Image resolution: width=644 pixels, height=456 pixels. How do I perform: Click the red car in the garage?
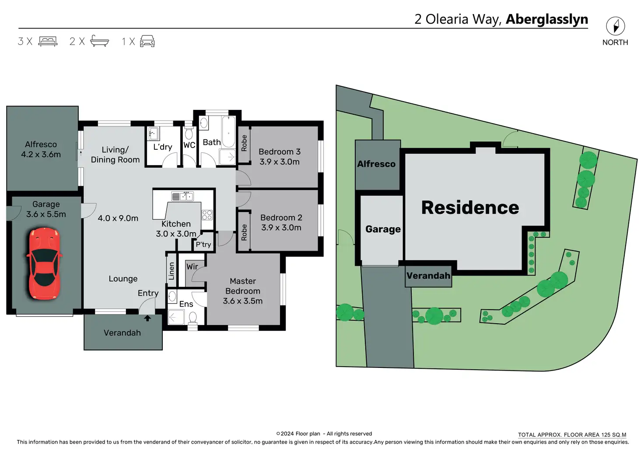tap(45, 264)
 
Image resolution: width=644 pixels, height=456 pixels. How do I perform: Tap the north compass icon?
tap(615, 26)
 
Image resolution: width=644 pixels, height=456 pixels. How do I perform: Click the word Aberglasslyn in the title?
tap(547, 19)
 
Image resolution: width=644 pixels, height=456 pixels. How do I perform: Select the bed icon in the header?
tap(48, 42)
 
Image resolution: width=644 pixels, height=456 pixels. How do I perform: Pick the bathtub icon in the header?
tap(99, 41)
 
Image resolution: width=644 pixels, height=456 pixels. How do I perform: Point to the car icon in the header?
tap(147, 41)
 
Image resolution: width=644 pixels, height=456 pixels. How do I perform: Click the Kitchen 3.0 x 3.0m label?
tap(176, 229)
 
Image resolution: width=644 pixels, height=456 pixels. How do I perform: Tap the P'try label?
tap(203, 245)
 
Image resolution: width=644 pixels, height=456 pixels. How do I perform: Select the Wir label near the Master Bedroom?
tap(192, 267)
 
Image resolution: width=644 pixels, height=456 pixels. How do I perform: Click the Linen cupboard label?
tap(171, 271)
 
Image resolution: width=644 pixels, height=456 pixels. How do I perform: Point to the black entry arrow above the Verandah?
tap(147, 318)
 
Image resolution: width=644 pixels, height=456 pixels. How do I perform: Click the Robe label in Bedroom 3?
tap(244, 143)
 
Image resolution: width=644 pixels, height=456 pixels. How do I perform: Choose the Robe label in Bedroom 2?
tap(244, 233)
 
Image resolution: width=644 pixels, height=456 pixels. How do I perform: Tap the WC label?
tap(189, 145)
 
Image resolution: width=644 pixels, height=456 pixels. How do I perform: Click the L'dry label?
tap(162, 147)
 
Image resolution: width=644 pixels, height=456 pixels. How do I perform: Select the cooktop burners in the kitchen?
tap(207, 215)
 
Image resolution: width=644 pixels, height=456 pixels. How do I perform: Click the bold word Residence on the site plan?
tap(470, 208)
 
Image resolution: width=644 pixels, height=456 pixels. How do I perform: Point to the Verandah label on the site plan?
tap(428, 276)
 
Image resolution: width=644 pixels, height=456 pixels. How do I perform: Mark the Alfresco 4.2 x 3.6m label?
tap(41, 149)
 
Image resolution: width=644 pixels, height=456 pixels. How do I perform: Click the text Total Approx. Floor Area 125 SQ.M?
tap(572, 435)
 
